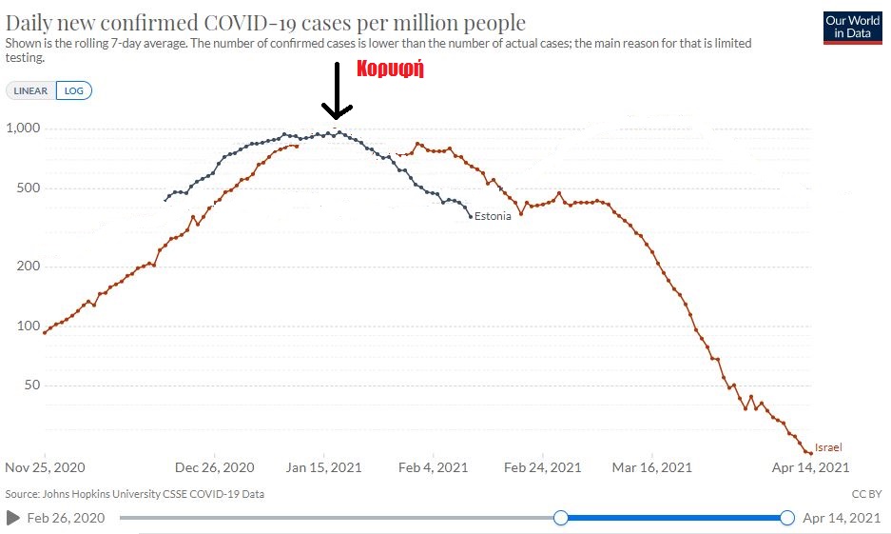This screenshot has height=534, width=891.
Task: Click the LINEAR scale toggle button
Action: [x=31, y=90]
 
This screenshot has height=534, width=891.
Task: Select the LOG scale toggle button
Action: [x=73, y=90]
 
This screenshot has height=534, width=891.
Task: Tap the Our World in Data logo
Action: [x=852, y=28]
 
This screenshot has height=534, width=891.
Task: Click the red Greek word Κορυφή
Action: [x=389, y=69]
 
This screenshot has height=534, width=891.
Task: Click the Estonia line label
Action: [x=493, y=216]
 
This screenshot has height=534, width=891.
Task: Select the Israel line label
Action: [x=828, y=447]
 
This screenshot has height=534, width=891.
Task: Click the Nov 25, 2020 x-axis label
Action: [x=44, y=467]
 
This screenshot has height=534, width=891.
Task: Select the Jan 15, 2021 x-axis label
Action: [x=324, y=467]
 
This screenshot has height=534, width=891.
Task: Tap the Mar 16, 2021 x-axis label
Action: [x=651, y=467]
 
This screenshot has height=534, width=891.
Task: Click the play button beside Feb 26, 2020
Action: [x=13, y=518]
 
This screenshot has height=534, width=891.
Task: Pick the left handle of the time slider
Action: [x=561, y=518]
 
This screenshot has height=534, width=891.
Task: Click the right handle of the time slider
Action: [x=786, y=518]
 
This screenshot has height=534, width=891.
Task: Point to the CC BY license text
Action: [x=867, y=494]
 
